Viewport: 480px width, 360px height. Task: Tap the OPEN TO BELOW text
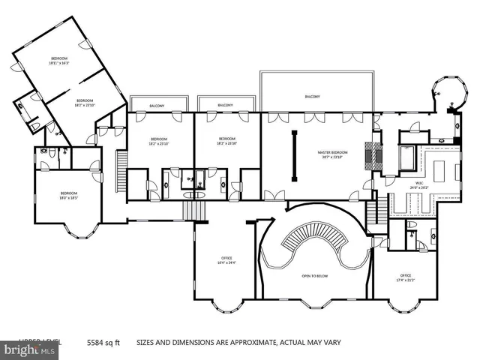[316, 276]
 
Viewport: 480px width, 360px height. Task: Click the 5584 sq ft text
[102, 340]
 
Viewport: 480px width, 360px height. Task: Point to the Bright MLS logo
[30, 349]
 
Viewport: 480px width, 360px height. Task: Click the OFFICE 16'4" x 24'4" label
[226, 261]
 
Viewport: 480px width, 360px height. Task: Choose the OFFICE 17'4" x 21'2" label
[406, 277]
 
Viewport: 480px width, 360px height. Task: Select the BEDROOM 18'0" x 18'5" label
[69, 196]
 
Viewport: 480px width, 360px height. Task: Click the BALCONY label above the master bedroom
[313, 97]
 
